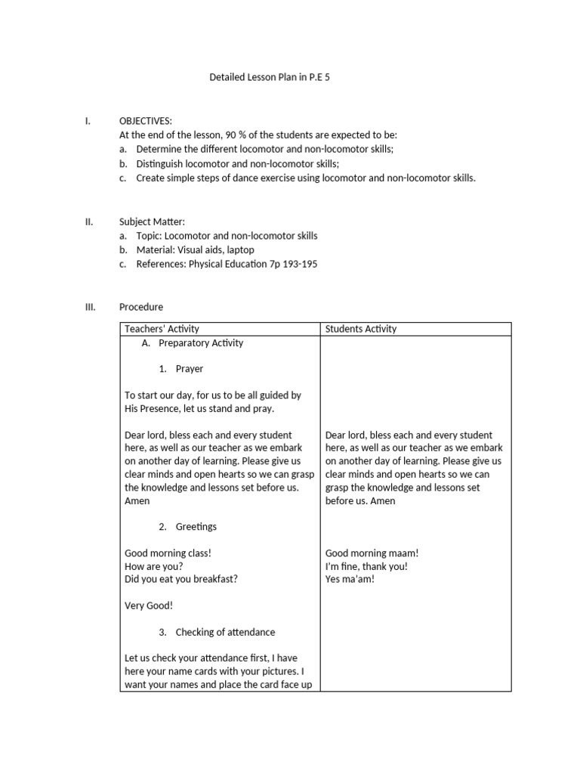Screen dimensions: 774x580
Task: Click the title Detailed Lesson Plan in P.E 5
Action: [x=270, y=78]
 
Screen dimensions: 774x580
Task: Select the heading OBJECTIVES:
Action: [x=146, y=121]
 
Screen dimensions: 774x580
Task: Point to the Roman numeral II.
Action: [x=88, y=222]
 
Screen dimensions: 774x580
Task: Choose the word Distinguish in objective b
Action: [x=161, y=164]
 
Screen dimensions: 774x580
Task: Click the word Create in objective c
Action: [x=150, y=178]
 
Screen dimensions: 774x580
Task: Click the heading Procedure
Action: [x=141, y=307]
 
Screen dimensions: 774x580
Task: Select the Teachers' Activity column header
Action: [x=162, y=329]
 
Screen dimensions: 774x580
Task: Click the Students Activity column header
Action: [x=361, y=329]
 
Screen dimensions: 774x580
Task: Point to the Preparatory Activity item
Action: [x=201, y=343]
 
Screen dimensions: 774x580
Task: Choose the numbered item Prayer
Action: [x=189, y=369]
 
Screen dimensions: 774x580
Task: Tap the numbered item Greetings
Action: [x=196, y=526]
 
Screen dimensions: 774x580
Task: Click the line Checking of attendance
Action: [x=225, y=632]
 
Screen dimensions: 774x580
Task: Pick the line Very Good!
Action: [x=149, y=605]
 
